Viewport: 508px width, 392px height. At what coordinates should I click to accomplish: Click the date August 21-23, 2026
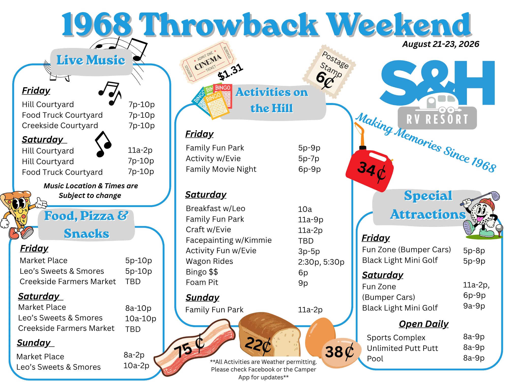(441, 44)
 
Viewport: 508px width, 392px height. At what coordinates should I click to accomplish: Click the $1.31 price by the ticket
(230, 72)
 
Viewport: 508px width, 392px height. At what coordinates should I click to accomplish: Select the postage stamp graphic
(329, 71)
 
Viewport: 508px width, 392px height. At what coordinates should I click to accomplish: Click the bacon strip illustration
(194, 348)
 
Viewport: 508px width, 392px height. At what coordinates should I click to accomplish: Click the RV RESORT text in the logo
(437, 119)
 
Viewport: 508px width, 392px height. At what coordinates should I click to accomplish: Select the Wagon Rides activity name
(209, 261)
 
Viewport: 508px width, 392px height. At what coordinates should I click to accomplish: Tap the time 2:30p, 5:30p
(321, 262)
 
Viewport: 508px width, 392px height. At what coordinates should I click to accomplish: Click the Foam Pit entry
(202, 282)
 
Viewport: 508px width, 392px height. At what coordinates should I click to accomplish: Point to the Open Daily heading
(424, 324)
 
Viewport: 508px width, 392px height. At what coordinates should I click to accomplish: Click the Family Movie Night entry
(221, 169)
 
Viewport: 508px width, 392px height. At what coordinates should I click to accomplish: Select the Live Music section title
(91, 60)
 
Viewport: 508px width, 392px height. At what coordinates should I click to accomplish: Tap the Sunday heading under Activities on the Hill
(202, 298)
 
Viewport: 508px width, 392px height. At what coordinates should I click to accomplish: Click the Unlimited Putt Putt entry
(403, 348)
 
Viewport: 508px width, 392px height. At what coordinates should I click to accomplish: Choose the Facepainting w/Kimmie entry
(229, 240)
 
